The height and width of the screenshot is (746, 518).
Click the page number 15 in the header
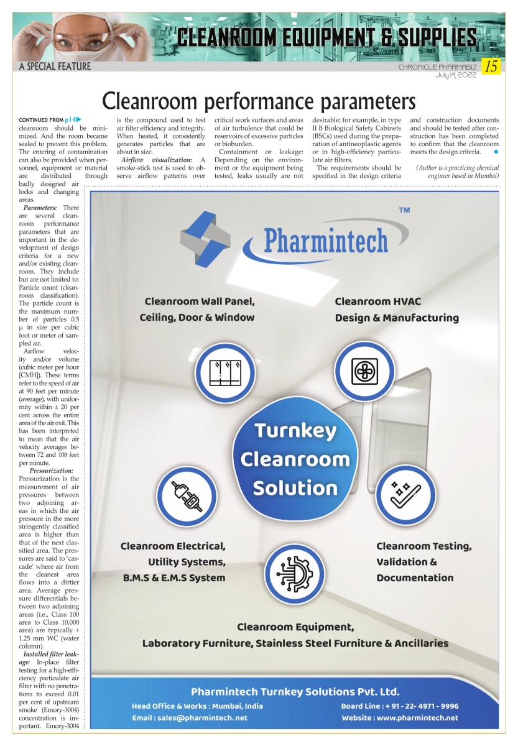pos(492,67)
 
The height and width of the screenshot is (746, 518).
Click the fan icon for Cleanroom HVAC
pos(365,372)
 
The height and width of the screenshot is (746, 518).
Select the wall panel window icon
pos(224,372)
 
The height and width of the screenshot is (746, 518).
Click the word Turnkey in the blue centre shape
pos(295,430)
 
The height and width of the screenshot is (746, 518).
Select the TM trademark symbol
pos(404,211)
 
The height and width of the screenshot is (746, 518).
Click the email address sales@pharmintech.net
pos(207,718)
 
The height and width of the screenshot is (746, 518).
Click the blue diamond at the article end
pos(495,152)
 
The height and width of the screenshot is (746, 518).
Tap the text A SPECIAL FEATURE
pos(55,67)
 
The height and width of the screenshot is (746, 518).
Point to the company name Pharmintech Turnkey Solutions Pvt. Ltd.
pos(295,691)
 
